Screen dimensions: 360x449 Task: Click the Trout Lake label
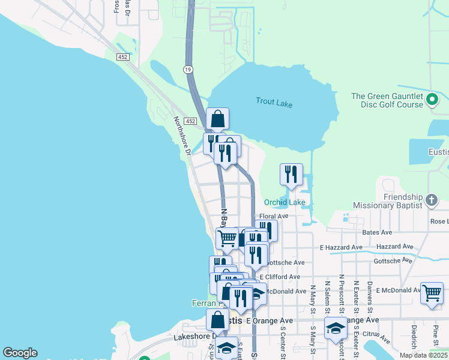click(x=274, y=103)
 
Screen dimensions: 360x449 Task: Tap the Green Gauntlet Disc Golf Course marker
click(x=432, y=100)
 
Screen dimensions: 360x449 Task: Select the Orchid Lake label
click(x=285, y=202)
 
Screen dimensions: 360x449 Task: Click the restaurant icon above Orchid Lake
click(x=291, y=175)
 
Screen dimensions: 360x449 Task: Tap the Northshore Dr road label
click(x=182, y=134)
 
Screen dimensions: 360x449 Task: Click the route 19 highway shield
click(x=188, y=70)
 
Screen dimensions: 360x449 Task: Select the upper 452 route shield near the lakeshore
click(x=123, y=57)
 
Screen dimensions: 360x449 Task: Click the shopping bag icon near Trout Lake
click(x=217, y=119)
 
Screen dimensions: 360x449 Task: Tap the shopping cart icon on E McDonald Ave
click(x=432, y=293)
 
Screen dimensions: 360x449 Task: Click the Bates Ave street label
click(x=377, y=232)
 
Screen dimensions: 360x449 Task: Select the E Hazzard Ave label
click(x=341, y=247)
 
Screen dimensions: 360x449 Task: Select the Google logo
click(x=20, y=353)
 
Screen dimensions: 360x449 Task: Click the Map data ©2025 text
click(x=423, y=355)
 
